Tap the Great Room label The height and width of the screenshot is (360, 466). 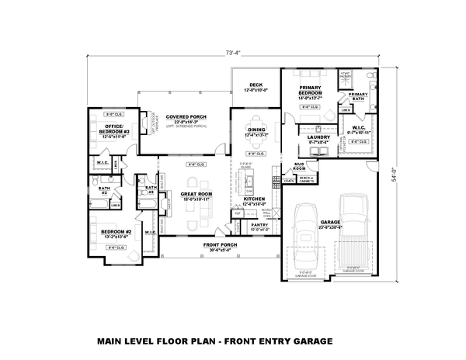[196, 196]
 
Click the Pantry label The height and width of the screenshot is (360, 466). [259, 226]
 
